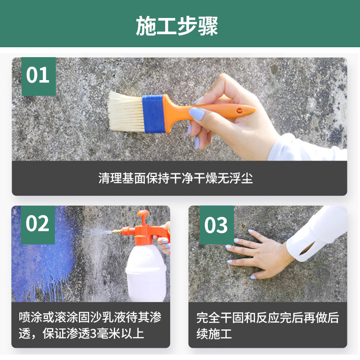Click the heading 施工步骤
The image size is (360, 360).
point(177,27)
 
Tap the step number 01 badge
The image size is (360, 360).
point(38,76)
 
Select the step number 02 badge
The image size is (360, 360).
point(38,224)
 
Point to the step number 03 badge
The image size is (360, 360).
point(216,225)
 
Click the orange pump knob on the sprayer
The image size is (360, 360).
point(143,216)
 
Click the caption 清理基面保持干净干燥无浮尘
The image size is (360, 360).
point(175,178)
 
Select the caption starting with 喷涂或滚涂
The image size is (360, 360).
point(90,325)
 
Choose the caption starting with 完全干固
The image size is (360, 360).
point(267,325)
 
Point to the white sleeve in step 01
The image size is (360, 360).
point(306,148)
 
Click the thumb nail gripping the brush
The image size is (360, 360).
point(196,113)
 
